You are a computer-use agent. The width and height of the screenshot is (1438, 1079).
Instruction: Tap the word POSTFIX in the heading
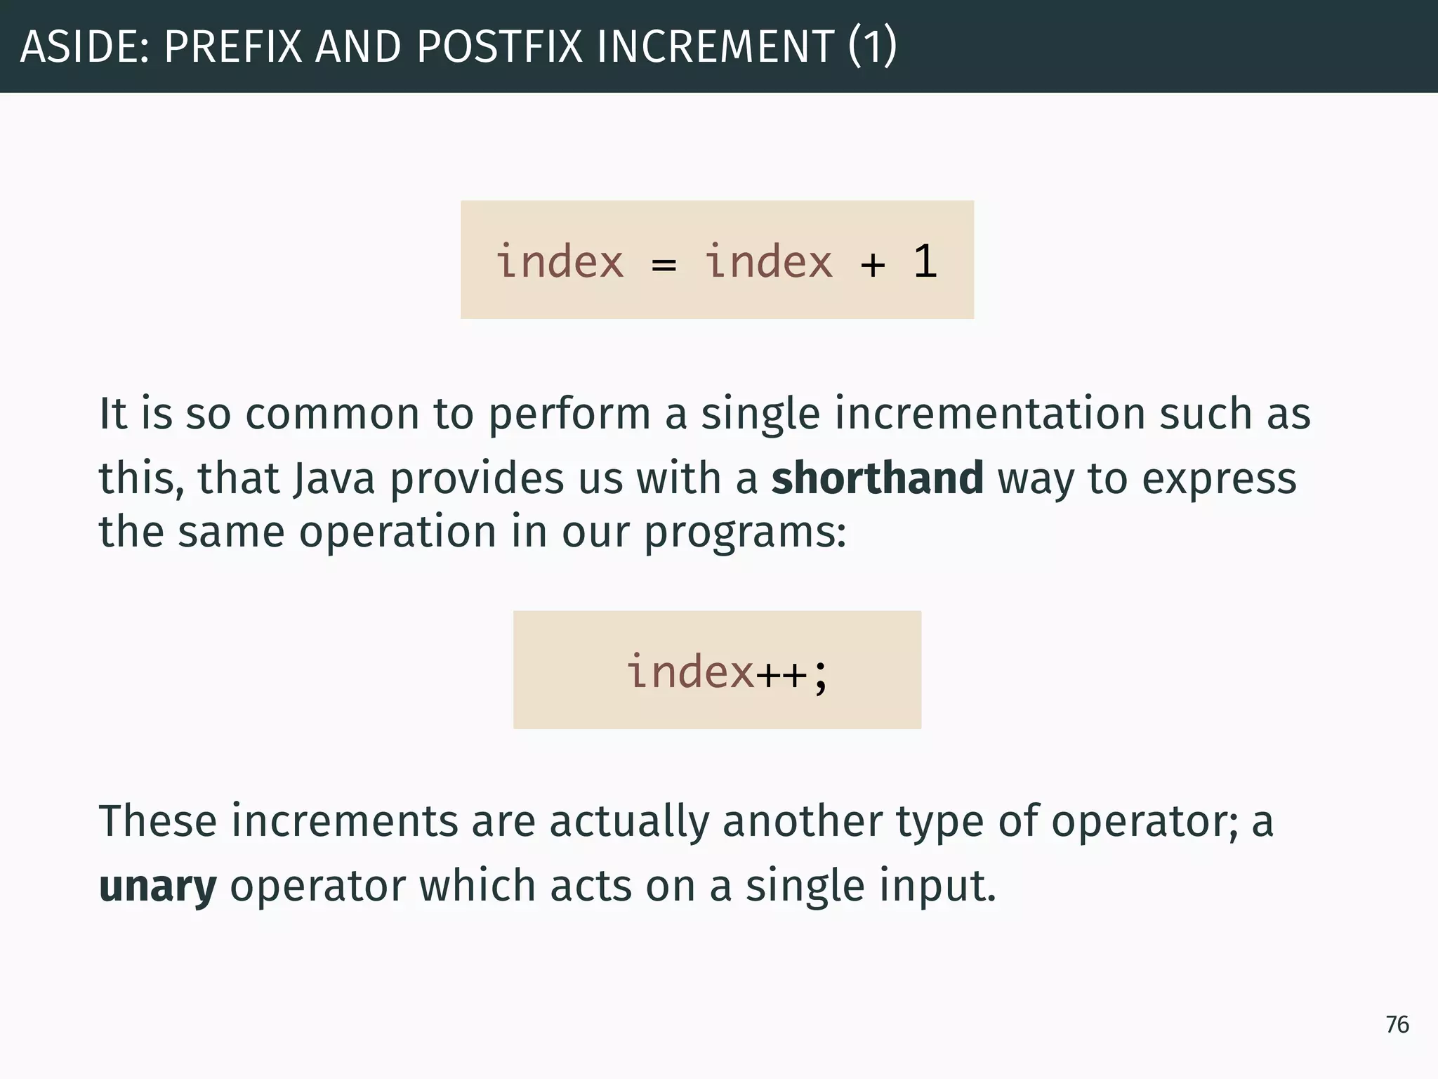coord(500,46)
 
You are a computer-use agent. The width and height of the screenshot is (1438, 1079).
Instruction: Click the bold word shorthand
coord(877,478)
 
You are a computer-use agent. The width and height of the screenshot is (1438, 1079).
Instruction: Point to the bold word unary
coord(158,887)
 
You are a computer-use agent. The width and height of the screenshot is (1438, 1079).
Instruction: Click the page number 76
coord(1397,1025)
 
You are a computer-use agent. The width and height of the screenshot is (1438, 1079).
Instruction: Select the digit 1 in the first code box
coord(925,262)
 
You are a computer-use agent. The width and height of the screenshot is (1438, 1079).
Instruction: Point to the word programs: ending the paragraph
coord(745,532)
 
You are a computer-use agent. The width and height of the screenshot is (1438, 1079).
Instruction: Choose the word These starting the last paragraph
coord(158,821)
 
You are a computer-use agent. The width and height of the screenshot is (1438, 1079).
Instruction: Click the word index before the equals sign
coord(560,262)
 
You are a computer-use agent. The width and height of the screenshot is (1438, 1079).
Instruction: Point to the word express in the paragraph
coord(1219,478)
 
